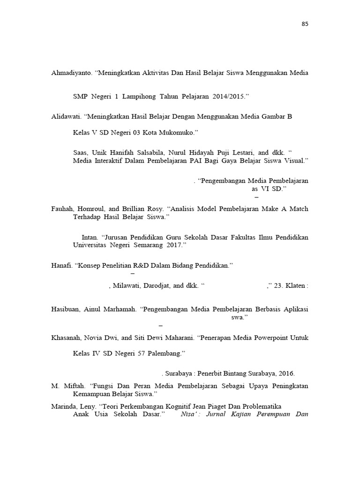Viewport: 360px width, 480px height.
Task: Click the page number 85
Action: (305, 24)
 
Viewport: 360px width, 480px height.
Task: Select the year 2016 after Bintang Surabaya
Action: (285, 374)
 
